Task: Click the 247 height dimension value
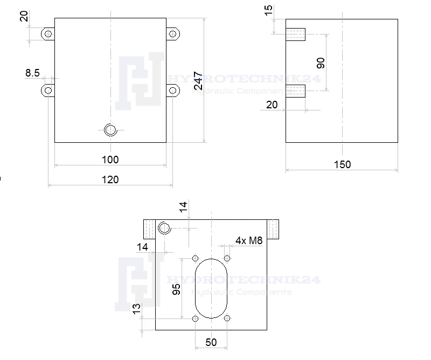click(198, 81)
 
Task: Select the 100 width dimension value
click(110, 160)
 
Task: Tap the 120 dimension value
click(110, 179)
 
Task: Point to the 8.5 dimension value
click(32, 73)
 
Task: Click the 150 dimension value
click(342, 164)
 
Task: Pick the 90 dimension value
click(321, 63)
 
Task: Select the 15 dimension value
click(268, 10)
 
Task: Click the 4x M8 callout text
click(249, 241)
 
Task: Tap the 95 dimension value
click(176, 289)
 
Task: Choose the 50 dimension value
click(211, 342)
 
